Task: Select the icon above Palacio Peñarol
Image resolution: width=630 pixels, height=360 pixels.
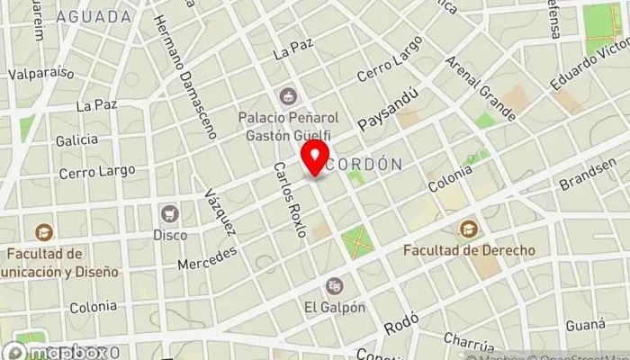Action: click(x=287, y=95)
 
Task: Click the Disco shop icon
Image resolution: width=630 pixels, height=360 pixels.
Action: click(x=168, y=213)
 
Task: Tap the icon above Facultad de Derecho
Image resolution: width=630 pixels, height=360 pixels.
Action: click(x=469, y=229)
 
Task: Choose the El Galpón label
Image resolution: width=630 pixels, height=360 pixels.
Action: click(x=335, y=307)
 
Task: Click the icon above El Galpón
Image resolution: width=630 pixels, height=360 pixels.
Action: click(x=335, y=286)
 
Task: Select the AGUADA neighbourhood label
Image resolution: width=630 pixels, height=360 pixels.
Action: click(x=93, y=17)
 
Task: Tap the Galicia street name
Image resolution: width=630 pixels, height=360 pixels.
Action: click(x=76, y=140)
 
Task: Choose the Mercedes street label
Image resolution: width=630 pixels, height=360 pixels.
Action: click(x=207, y=257)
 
